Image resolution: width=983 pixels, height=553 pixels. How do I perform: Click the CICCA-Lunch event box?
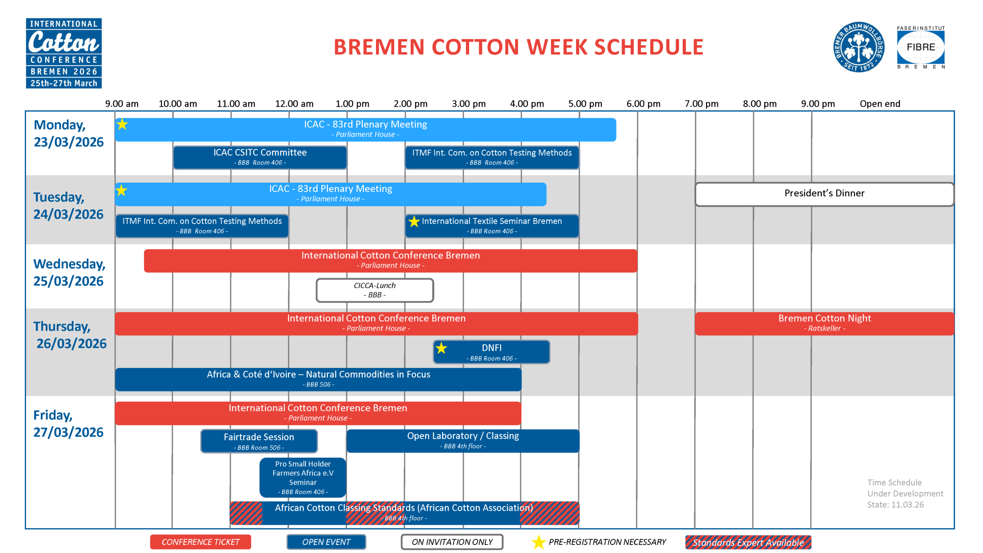pyautogui.click(x=375, y=290)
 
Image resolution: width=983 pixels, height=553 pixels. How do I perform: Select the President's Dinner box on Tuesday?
pyautogui.click(x=824, y=194)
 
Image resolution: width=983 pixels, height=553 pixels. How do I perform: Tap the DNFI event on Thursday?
pyautogui.click(x=491, y=352)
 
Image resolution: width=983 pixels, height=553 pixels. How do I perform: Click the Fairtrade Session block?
pyautogui.click(x=259, y=441)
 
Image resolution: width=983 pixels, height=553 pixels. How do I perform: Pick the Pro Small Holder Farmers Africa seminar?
pyautogui.click(x=303, y=477)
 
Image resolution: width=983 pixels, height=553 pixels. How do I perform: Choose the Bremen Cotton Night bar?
pyautogui.click(x=824, y=324)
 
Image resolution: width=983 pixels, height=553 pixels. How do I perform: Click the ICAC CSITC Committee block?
pyautogui.click(x=260, y=157)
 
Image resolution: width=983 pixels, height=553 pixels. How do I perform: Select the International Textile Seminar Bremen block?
pyautogui.click(x=492, y=226)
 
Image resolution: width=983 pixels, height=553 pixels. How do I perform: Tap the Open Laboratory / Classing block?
pyautogui.click(x=463, y=441)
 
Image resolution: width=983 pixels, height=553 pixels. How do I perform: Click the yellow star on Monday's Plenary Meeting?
pyautogui.click(x=122, y=124)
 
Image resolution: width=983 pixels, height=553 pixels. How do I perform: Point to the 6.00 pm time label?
pyautogui.click(x=644, y=104)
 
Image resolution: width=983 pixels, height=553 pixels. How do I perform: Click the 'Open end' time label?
pyautogui.click(x=880, y=104)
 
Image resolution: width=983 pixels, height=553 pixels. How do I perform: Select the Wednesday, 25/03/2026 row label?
pyautogui.click(x=69, y=273)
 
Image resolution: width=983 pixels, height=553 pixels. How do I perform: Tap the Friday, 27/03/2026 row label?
pyautogui.click(x=68, y=424)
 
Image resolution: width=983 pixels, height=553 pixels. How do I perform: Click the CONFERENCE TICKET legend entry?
pyautogui.click(x=200, y=542)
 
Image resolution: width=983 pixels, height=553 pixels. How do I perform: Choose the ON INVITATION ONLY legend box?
pyautogui.click(x=452, y=542)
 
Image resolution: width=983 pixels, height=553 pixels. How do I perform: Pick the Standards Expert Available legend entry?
pyautogui.click(x=748, y=542)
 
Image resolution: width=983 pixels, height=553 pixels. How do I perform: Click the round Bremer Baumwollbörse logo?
pyautogui.click(x=859, y=47)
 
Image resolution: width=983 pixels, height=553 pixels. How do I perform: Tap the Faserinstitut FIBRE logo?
pyautogui.click(x=921, y=47)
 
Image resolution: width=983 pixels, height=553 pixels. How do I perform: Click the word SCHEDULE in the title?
pyautogui.click(x=649, y=47)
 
